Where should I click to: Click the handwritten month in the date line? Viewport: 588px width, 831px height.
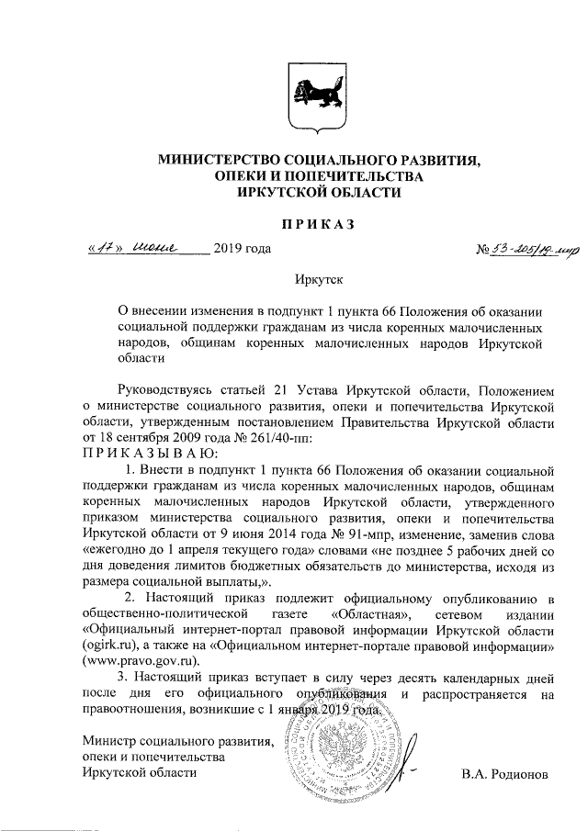[169, 248]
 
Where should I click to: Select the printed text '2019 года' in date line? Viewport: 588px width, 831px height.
[242, 250]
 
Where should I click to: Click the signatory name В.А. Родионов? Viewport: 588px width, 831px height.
[504, 773]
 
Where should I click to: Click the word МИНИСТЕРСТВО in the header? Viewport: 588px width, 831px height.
[214, 159]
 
